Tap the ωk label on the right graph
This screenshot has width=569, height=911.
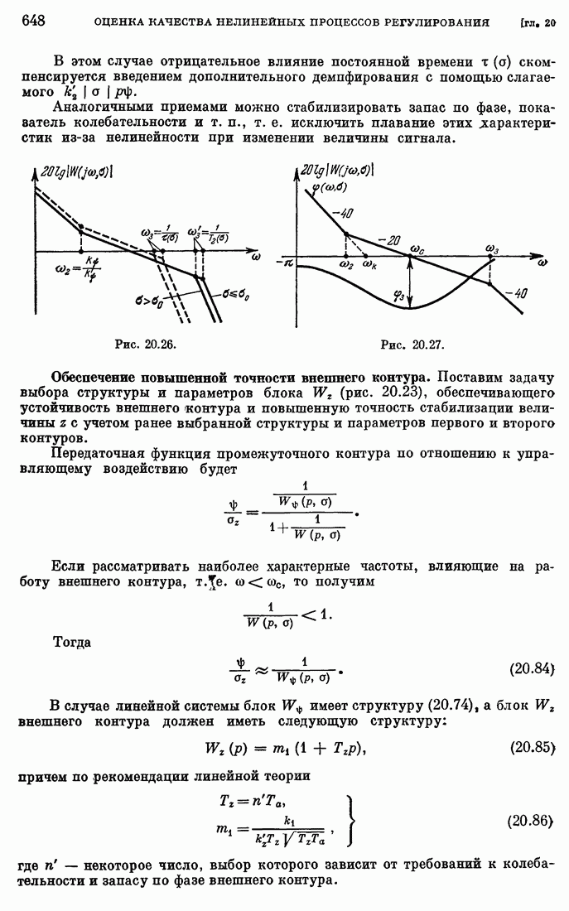click(369, 266)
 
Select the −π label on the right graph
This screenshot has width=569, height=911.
click(287, 261)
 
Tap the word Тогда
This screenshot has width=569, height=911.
click(73, 641)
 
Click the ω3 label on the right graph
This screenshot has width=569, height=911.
click(493, 249)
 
